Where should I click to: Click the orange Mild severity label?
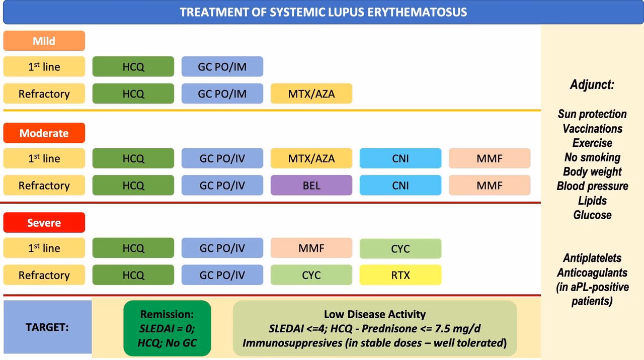[44, 41]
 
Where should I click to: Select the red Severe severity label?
[44, 223]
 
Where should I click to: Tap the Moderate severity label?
[44, 133]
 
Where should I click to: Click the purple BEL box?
[311, 186]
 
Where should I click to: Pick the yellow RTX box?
[400, 275]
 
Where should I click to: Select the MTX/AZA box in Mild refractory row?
[311, 94]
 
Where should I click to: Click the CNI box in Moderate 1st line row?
[400, 158]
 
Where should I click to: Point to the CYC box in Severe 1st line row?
[400, 248]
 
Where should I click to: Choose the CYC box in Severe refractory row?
[311, 275]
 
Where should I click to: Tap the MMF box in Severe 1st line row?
[311, 248]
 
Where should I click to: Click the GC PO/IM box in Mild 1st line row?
[222, 67]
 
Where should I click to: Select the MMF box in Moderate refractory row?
[490, 186]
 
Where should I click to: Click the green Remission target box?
[168, 328]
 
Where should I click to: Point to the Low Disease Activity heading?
[375, 314]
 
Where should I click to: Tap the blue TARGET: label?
[47, 327]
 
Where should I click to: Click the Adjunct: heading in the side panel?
[592, 84]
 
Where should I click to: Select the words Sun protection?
[592, 114]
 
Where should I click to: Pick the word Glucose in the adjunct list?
[592, 215]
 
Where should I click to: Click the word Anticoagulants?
[592, 273]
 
